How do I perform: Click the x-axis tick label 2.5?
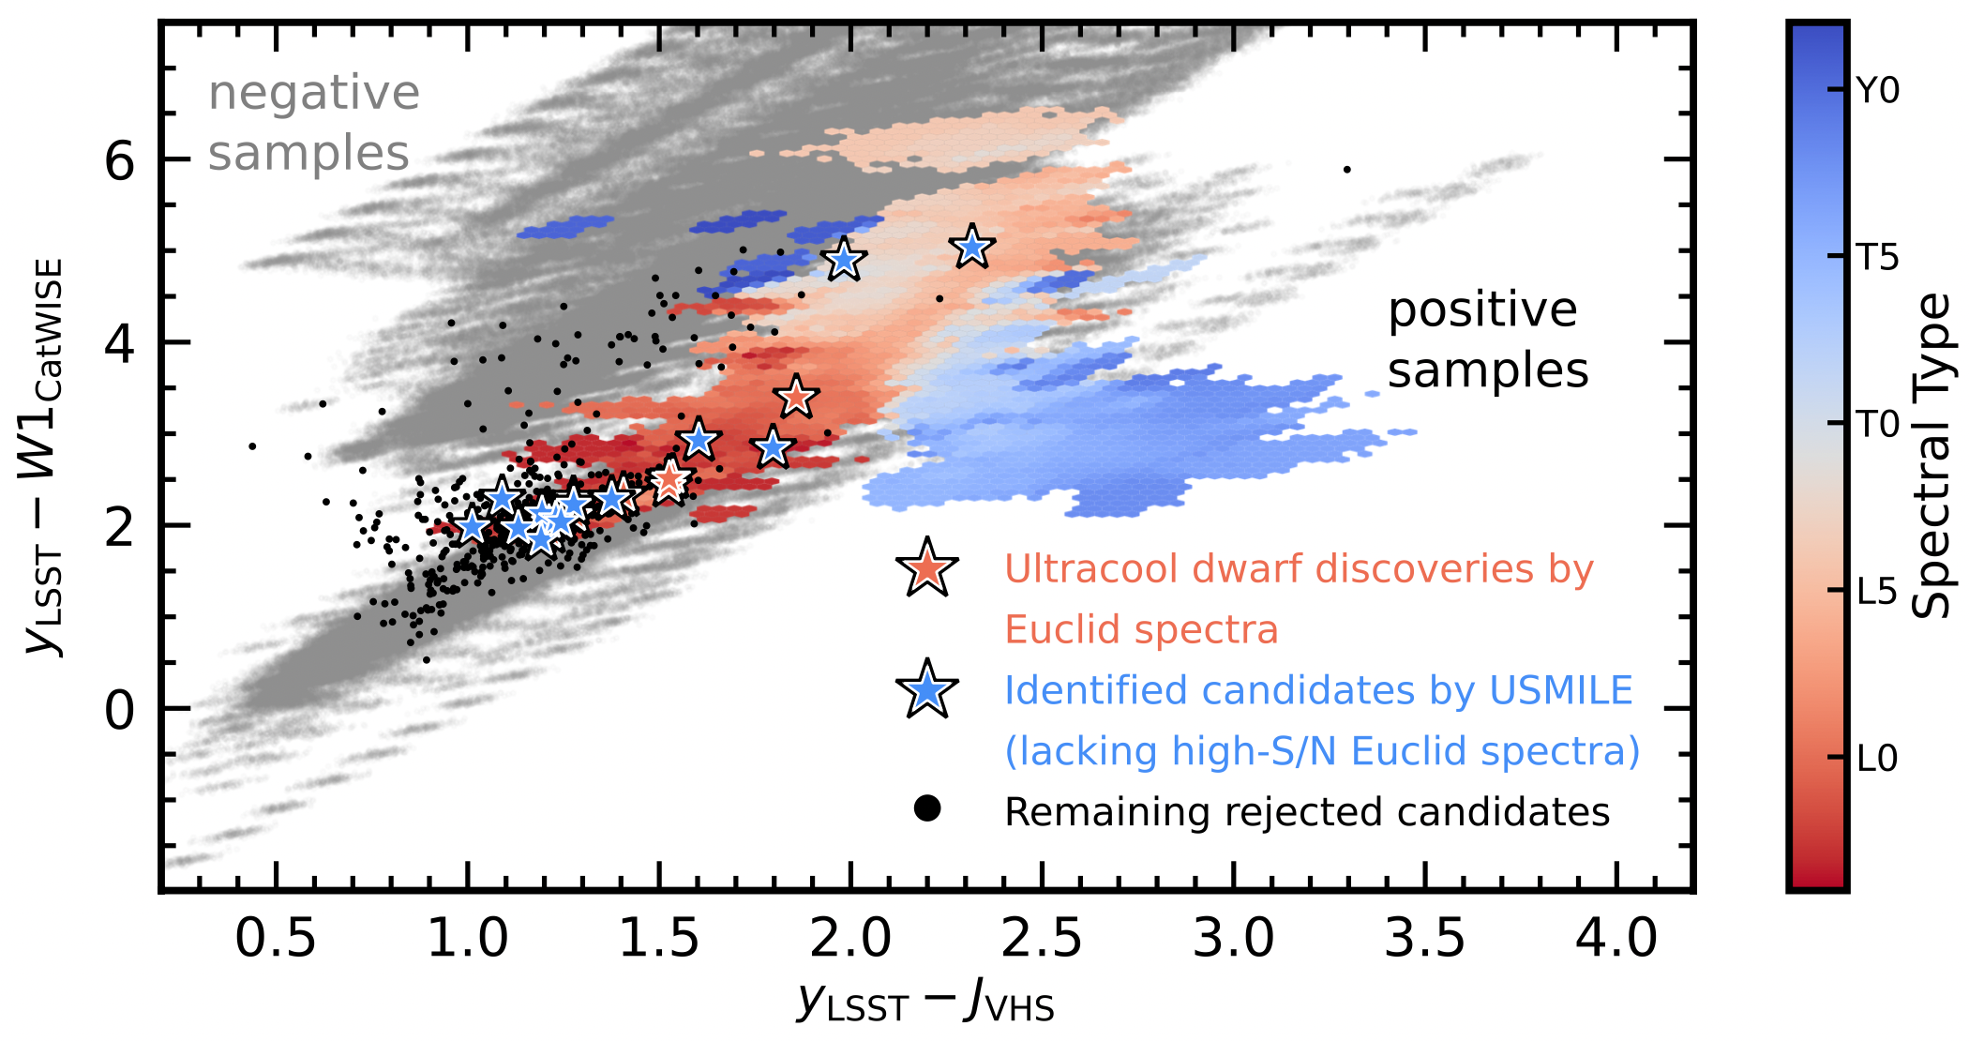[x=1041, y=939]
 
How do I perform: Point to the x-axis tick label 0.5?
[x=276, y=939]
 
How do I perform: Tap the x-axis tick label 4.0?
[x=1616, y=939]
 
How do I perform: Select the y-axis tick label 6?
[x=120, y=161]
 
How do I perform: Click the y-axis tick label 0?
[x=120, y=711]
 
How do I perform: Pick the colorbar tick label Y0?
[x=1878, y=91]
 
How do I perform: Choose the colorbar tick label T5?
[x=1878, y=257]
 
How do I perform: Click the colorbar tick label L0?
[x=1878, y=759]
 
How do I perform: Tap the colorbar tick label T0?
[x=1878, y=425]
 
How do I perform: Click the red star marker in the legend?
[x=927, y=568]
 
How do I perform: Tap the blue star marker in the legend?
[x=927, y=690]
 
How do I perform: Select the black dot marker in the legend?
[x=927, y=808]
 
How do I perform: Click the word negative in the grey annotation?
[x=314, y=94]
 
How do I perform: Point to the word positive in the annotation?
[x=1482, y=311]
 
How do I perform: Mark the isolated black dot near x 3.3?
[x=1346, y=170]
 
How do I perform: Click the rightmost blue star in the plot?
[x=971, y=248]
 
